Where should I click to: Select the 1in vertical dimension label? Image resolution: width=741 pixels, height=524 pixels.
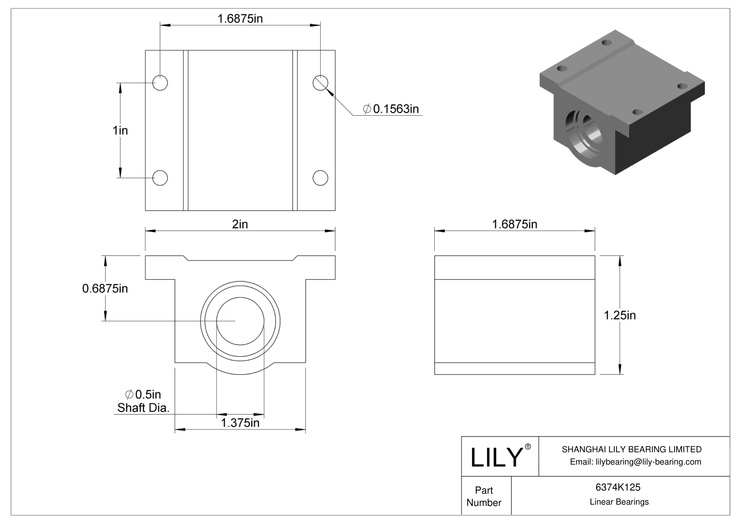120,130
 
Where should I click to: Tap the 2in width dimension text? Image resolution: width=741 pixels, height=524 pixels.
240,224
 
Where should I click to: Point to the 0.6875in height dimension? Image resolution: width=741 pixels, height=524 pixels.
105,289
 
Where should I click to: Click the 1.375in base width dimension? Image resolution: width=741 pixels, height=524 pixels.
240,423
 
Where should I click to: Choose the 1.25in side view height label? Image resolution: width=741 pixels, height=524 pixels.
620,315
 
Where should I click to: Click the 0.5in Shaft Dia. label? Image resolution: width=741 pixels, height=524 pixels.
143,401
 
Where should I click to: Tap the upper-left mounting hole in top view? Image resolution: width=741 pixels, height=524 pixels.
160,82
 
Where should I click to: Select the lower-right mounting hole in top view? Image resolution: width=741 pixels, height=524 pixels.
320,178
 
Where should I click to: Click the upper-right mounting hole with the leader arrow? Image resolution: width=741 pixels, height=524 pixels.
320,82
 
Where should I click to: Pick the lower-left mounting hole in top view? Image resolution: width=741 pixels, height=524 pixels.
160,178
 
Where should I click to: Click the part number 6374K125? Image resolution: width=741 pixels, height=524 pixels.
618,487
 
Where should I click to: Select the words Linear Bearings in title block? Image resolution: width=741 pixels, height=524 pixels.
619,502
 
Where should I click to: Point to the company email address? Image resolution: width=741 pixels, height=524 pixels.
635,462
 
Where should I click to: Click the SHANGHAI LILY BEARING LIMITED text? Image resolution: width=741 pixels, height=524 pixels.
631,449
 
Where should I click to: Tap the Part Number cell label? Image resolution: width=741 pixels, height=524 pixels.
484,496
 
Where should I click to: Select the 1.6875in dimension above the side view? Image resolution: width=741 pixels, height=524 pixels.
514,224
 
